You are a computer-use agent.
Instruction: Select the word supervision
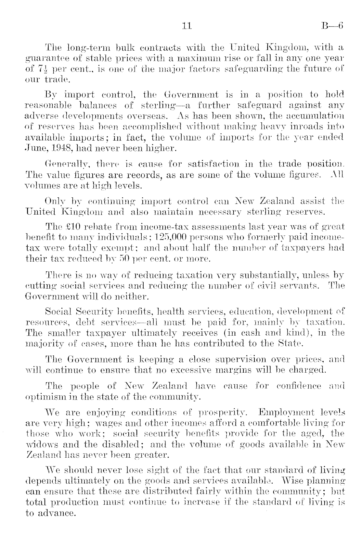click(238, 359)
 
